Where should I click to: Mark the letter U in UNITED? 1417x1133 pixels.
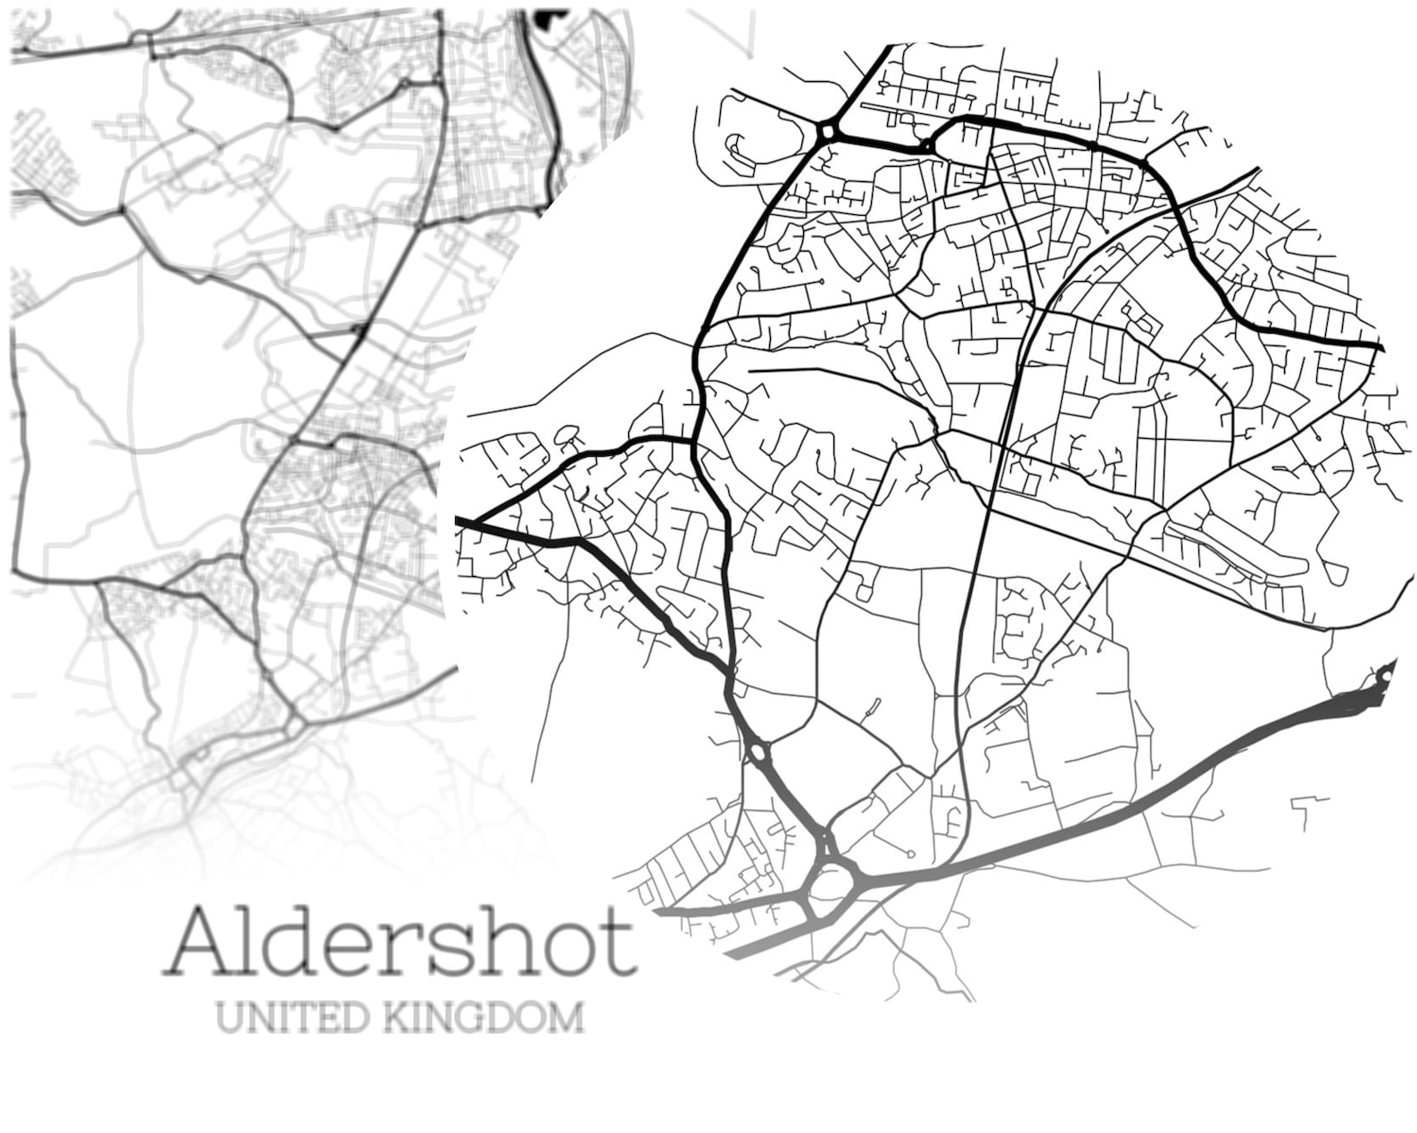point(228,1017)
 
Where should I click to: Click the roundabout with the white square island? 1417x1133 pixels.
point(829,132)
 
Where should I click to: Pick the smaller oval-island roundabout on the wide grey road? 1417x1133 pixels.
point(758,751)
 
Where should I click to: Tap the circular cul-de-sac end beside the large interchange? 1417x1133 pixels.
point(909,854)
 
